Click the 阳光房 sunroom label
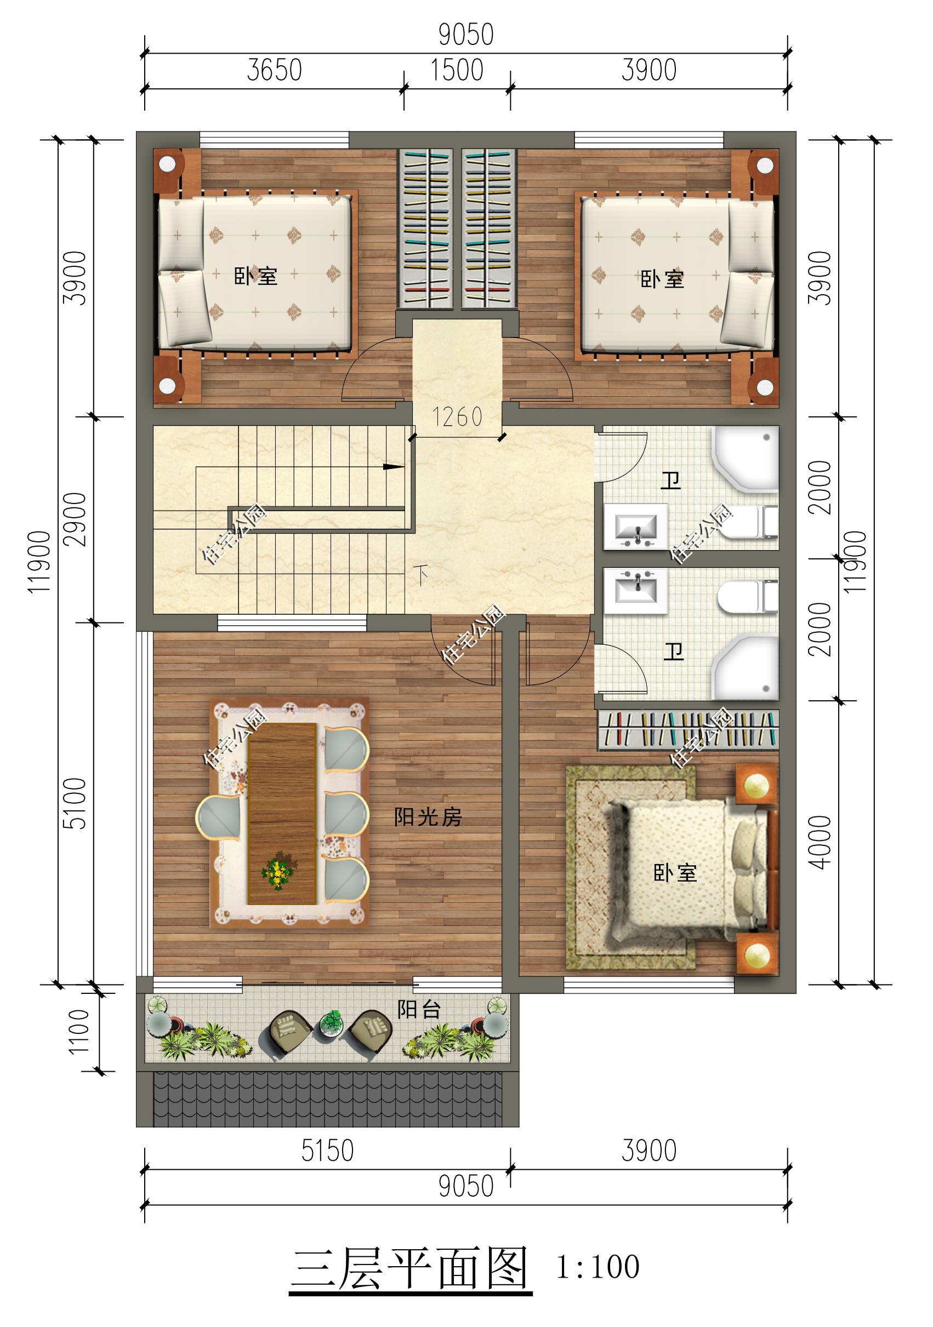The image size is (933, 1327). click(428, 817)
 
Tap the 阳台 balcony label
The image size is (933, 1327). click(419, 1010)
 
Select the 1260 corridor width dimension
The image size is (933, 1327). click(457, 417)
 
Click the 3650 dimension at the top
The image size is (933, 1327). click(274, 71)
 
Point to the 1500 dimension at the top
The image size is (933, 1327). click(457, 71)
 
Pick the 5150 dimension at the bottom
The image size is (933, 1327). click(327, 1151)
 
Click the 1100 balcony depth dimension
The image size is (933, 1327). click(79, 1032)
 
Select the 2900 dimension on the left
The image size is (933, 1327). click(75, 519)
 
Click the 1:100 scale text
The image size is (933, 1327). click(598, 1267)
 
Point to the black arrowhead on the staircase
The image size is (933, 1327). click(395, 466)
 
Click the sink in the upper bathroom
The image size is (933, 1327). click(636, 527)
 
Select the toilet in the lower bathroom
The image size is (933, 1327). click(748, 597)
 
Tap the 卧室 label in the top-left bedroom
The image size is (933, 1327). click(255, 276)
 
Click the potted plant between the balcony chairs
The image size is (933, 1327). click(332, 1022)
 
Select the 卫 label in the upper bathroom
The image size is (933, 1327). click(671, 481)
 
